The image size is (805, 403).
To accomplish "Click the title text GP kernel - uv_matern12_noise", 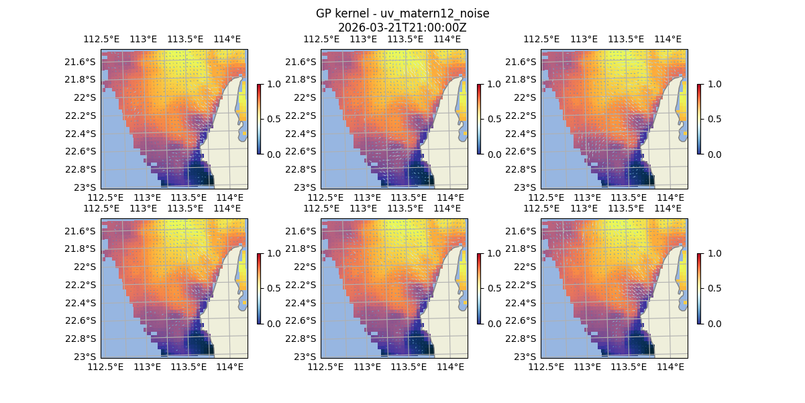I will click(402, 14).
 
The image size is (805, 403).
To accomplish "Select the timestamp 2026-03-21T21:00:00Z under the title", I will click(402, 28).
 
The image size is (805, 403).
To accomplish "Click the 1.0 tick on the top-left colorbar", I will click(271, 84).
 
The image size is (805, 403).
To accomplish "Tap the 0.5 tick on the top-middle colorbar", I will click(491, 119).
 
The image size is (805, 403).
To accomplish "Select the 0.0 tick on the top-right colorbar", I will click(711, 154).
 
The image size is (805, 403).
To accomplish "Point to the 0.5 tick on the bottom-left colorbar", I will click(271, 288).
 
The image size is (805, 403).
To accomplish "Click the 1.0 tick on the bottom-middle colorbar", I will click(491, 253).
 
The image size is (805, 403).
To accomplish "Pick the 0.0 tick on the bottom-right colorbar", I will click(711, 323).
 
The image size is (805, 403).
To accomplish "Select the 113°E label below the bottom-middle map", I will click(367, 367).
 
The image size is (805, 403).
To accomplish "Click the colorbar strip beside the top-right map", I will click(699, 119).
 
